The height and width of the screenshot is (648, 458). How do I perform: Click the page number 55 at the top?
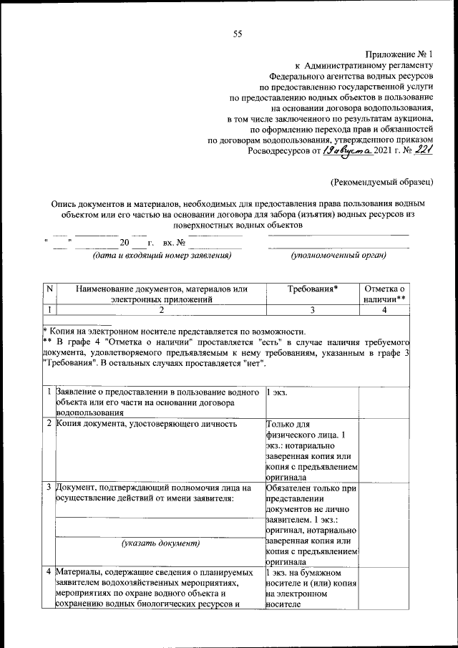237,34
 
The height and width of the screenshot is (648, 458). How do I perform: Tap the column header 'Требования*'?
312,289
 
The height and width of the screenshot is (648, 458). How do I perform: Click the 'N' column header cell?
49,289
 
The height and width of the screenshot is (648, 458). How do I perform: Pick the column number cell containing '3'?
312,309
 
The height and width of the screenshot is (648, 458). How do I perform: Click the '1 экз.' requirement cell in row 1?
279,393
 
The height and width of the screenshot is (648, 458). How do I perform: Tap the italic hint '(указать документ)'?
159,543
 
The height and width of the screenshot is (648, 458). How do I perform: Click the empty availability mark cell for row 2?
384,450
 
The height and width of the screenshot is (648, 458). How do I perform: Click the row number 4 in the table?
48,573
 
